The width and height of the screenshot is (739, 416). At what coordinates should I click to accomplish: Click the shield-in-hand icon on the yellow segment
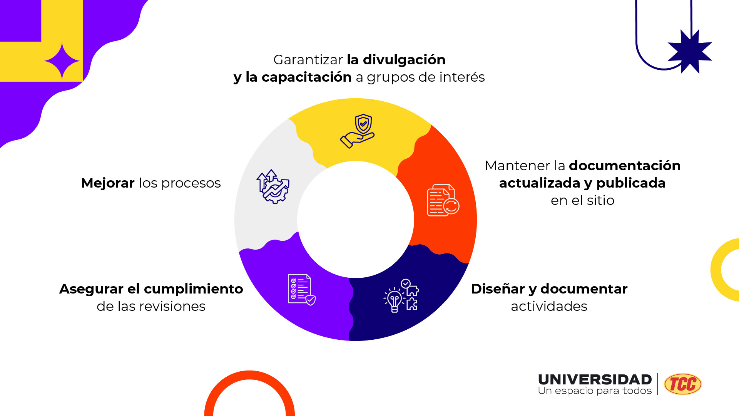coord(358,131)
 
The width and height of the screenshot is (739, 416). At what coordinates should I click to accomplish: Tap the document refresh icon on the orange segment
coord(443,200)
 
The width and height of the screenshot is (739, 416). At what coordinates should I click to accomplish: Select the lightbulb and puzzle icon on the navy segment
coord(401,295)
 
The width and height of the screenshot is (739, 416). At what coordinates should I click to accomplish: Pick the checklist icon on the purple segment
coord(301,290)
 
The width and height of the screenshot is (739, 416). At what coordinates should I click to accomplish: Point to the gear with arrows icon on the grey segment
coord(273,187)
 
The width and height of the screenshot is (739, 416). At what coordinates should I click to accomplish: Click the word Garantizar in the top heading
coord(308,60)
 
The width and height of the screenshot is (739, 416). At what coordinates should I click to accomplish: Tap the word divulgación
coord(404,60)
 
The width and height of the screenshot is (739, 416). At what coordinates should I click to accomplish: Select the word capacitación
coord(306,77)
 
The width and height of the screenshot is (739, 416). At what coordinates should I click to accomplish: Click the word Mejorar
coord(108,183)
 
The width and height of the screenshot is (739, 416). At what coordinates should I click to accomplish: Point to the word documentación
coord(625,166)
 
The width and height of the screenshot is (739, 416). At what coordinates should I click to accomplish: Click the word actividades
coord(549,306)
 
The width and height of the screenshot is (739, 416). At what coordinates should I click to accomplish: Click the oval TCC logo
coord(683,384)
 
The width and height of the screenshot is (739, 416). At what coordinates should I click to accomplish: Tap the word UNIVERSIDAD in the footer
coord(595,379)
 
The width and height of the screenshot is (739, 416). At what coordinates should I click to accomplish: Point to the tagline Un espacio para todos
coord(595,391)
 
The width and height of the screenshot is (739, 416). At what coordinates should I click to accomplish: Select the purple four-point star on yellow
coord(62,61)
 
